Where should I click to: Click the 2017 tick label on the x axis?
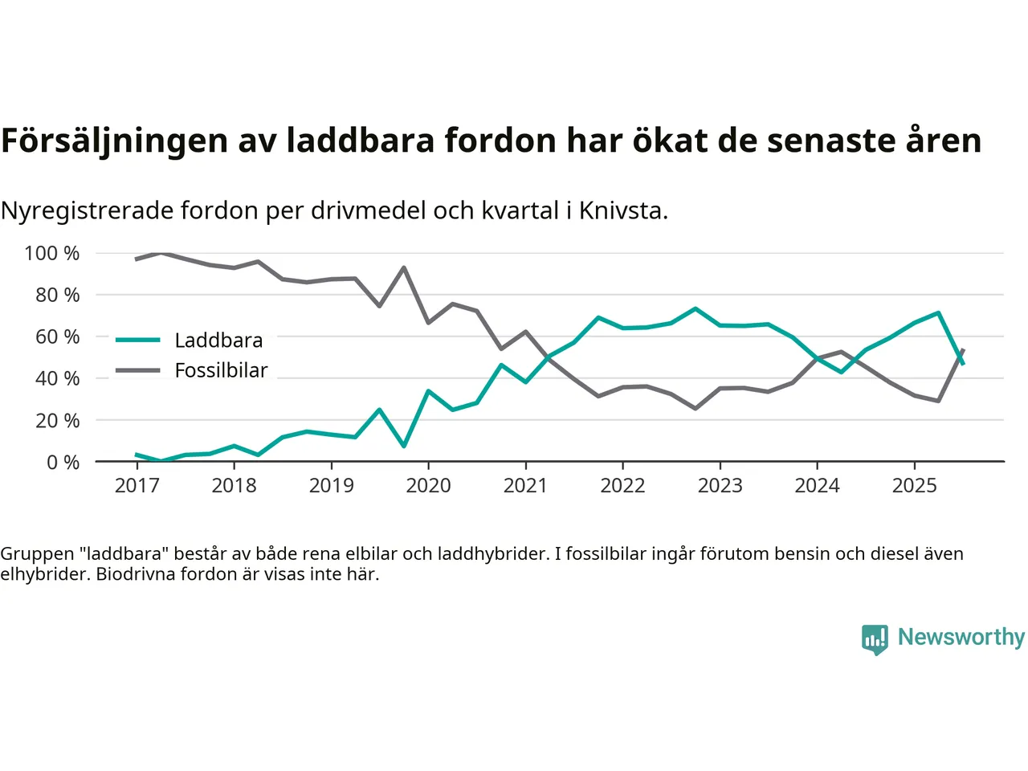coord(137,485)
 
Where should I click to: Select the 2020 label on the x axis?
coord(428,485)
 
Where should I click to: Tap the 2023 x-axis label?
coord(720,485)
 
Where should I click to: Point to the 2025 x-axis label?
coord(914,485)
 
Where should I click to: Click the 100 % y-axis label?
coord(52,254)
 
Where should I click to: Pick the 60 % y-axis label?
coord(57,337)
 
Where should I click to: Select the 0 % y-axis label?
coord(63,462)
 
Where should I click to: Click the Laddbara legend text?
coord(218,341)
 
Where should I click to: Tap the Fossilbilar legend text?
coord(221,370)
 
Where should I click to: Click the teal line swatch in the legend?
coord(138,341)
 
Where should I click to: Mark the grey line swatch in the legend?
coord(138,370)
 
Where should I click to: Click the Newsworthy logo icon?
coord(875,639)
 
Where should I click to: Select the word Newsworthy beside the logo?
coord(961,637)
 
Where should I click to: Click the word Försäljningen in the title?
coord(115,141)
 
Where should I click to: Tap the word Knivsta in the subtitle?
coord(623,210)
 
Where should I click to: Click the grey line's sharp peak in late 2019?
coord(403,267)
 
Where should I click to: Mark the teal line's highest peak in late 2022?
coord(695,308)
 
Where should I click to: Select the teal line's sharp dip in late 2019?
coord(403,446)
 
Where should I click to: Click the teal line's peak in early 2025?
coord(938,313)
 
